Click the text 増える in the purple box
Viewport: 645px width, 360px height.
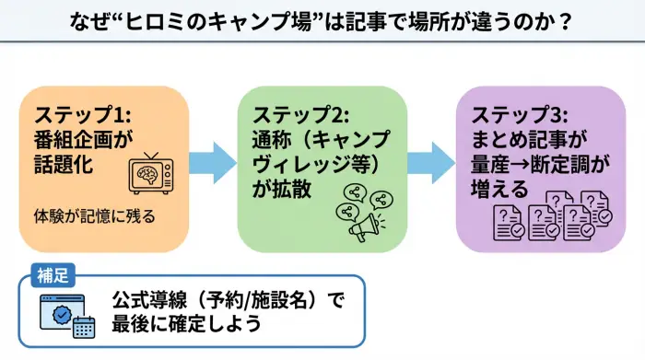[498, 188]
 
